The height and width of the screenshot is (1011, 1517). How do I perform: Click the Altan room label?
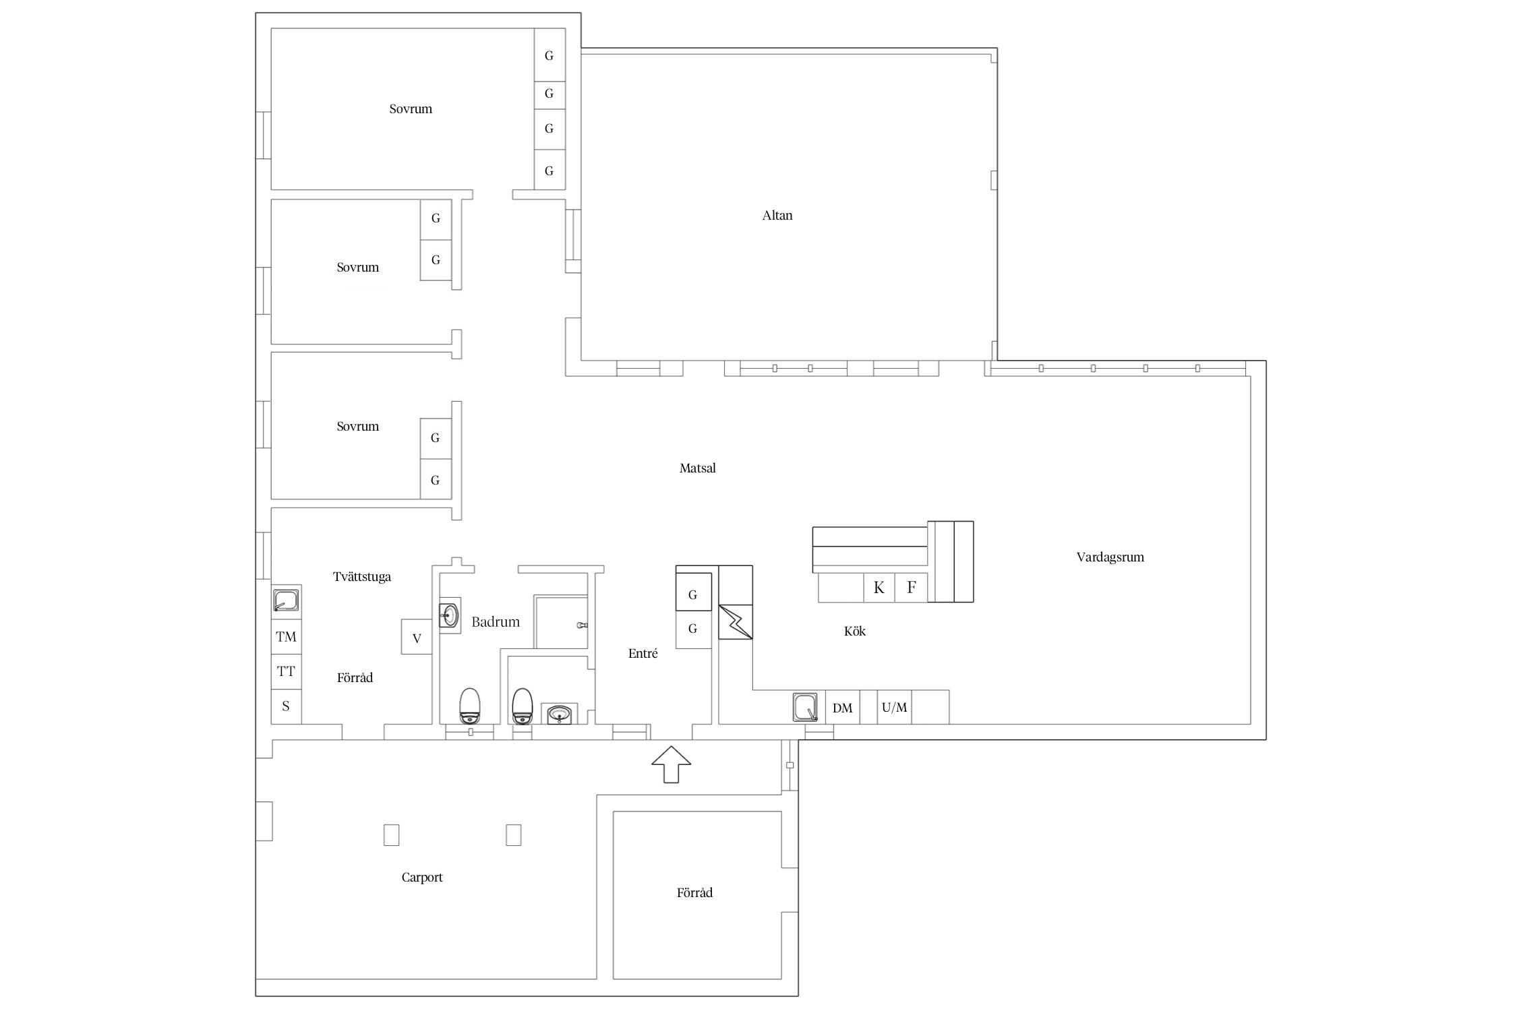(777, 216)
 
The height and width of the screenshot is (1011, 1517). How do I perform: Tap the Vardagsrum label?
(1110, 557)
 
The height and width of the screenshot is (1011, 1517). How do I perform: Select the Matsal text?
(697, 468)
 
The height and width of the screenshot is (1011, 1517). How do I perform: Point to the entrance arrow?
(671, 764)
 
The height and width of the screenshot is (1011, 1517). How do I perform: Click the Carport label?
(422, 878)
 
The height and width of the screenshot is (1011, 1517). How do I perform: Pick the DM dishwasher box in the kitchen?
(843, 708)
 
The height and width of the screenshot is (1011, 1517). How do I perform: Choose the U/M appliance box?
(895, 708)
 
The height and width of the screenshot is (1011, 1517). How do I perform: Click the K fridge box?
(879, 588)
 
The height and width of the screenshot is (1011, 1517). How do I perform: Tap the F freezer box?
(912, 588)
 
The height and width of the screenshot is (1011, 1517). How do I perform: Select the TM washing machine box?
(286, 637)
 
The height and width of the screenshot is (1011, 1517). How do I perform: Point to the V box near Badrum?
(417, 638)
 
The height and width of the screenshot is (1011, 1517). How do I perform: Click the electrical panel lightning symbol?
(736, 622)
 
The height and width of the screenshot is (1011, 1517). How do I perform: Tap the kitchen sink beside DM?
(805, 708)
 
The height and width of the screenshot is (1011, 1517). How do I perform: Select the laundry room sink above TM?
(286, 600)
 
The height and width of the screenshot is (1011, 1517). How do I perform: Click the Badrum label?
(496, 622)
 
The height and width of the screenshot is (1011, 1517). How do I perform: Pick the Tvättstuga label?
(362, 577)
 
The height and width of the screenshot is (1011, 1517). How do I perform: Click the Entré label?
(643, 653)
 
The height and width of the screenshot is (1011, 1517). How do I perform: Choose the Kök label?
(855, 632)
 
